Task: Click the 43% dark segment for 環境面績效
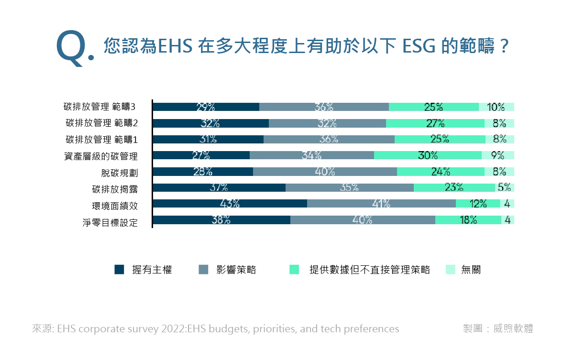click(230, 204)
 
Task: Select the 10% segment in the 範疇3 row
click(497, 107)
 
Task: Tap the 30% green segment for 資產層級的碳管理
click(428, 155)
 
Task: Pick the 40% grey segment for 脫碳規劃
click(325, 172)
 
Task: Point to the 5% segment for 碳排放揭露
click(505, 187)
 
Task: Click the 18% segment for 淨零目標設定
click(468, 220)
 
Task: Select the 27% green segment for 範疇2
click(435, 123)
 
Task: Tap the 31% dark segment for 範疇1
click(208, 139)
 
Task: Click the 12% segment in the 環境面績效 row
click(478, 204)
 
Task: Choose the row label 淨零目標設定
click(110, 223)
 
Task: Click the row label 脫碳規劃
click(120, 173)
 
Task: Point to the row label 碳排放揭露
click(115, 189)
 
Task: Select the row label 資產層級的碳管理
click(101, 156)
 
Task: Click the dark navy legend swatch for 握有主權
click(119, 270)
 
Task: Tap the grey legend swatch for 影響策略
click(203, 270)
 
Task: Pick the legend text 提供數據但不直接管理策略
click(370, 270)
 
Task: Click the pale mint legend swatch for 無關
click(451, 270)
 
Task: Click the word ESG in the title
click(419, 46)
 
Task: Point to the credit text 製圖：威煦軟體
click(498, 328)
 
